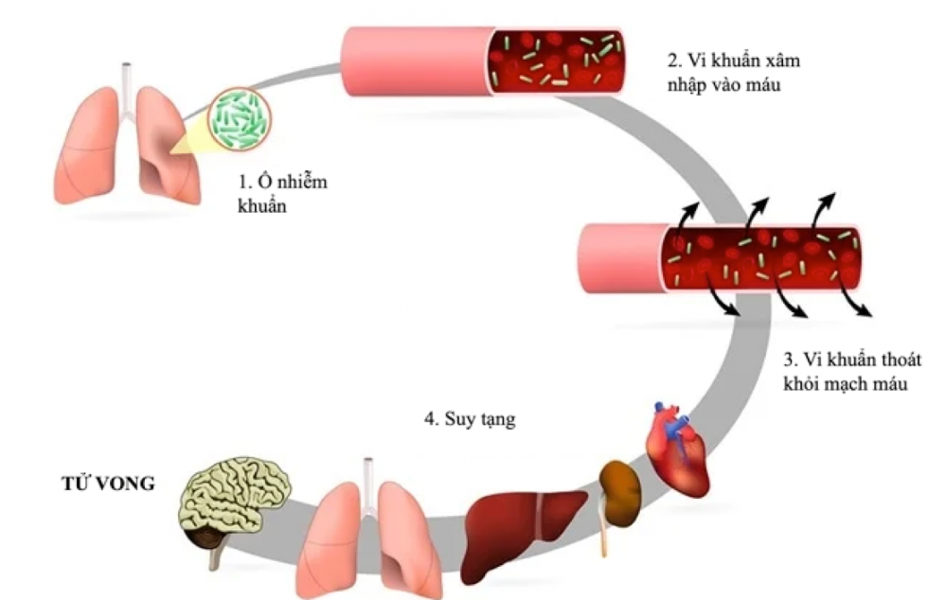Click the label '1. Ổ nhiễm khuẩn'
(281, 192)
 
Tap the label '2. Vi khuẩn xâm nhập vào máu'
(726, 73)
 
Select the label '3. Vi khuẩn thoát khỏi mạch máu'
(851, 371)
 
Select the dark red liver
(526, 520)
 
